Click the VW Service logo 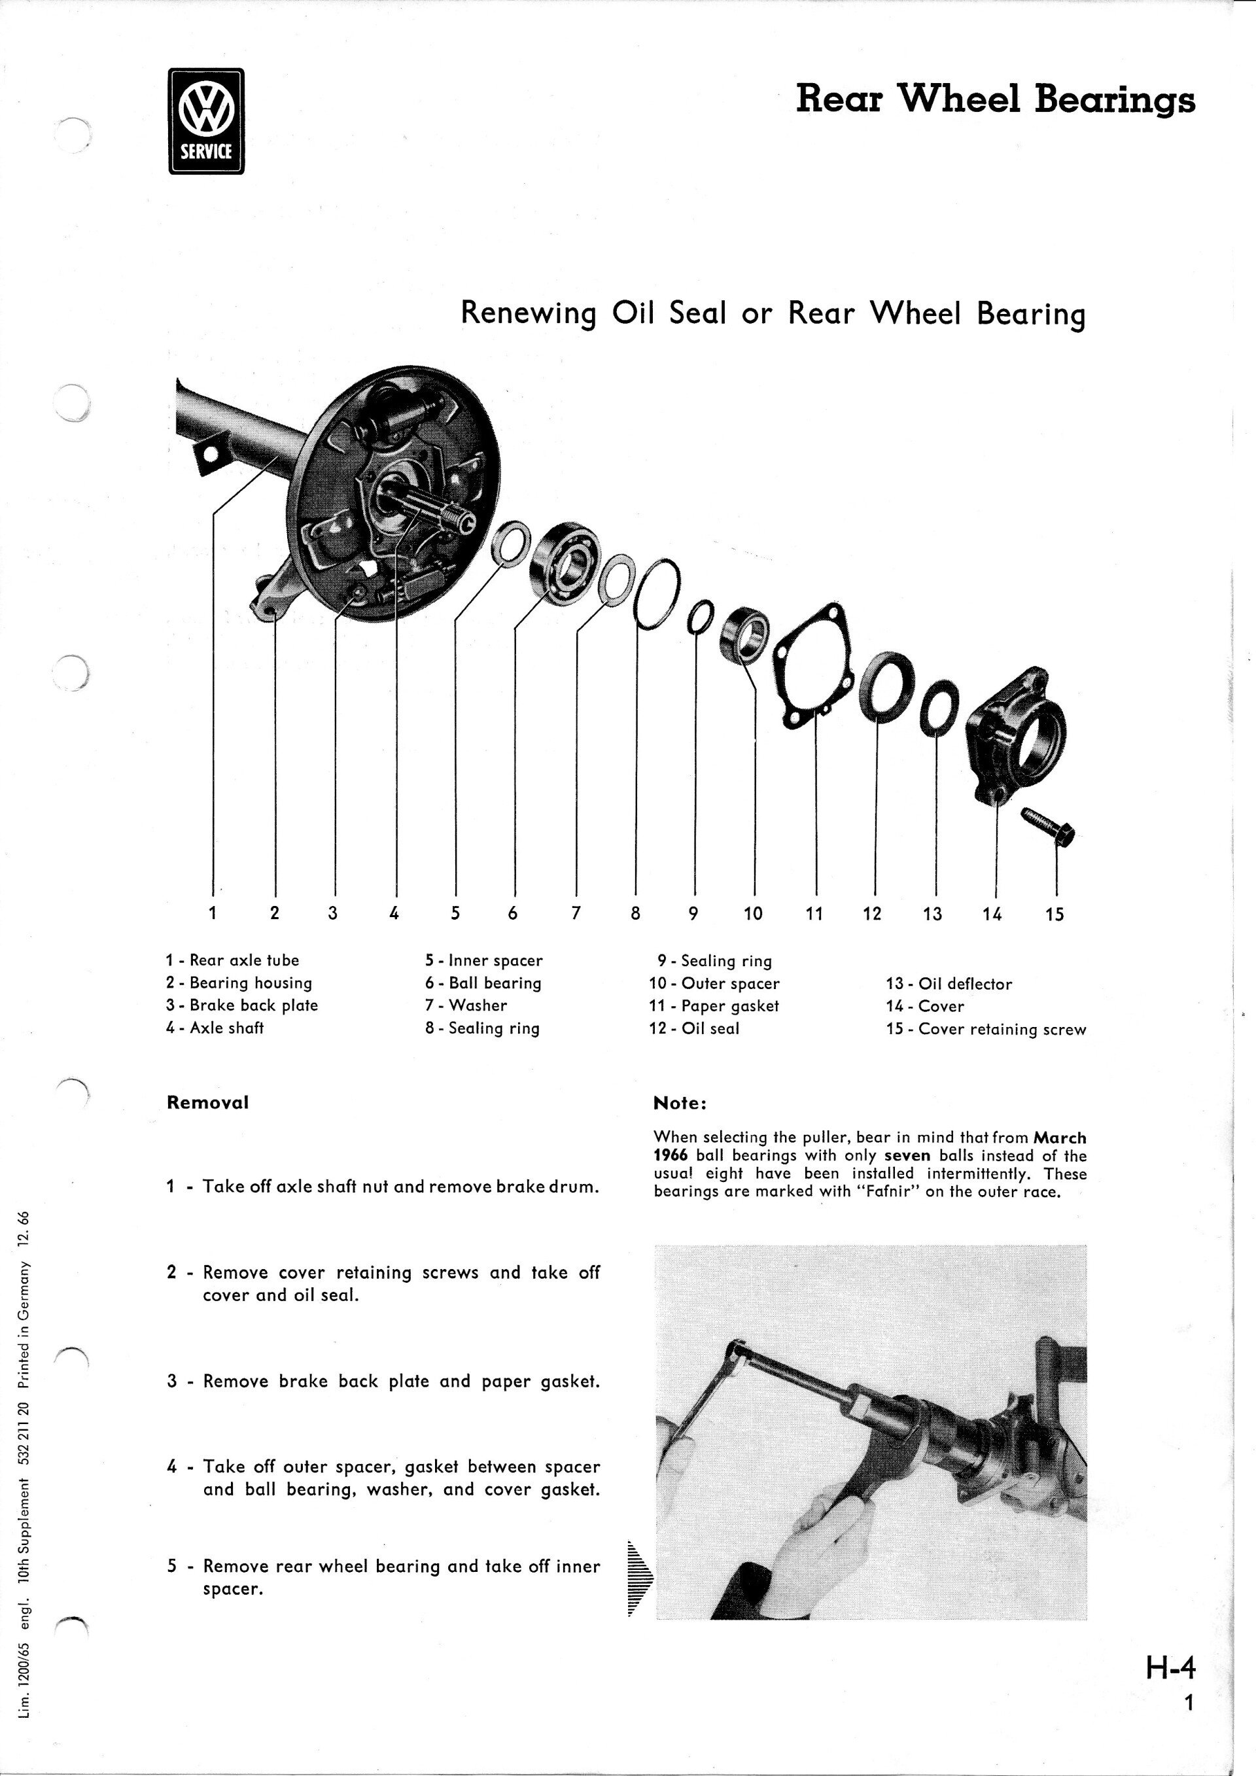[205, 120]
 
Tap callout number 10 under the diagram [752, 914]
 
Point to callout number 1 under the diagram [212, 913]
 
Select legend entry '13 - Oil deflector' [949, 984]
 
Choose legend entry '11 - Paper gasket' [714, 1005]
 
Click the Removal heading [207, 1102]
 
